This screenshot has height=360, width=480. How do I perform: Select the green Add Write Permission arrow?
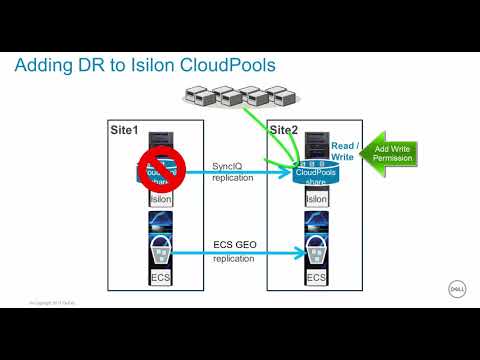coord(386,156)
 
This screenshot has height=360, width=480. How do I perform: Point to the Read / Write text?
coord(343,150)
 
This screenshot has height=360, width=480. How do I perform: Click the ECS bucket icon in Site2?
coord(316,243)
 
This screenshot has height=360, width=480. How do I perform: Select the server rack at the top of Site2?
coord(316,141)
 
